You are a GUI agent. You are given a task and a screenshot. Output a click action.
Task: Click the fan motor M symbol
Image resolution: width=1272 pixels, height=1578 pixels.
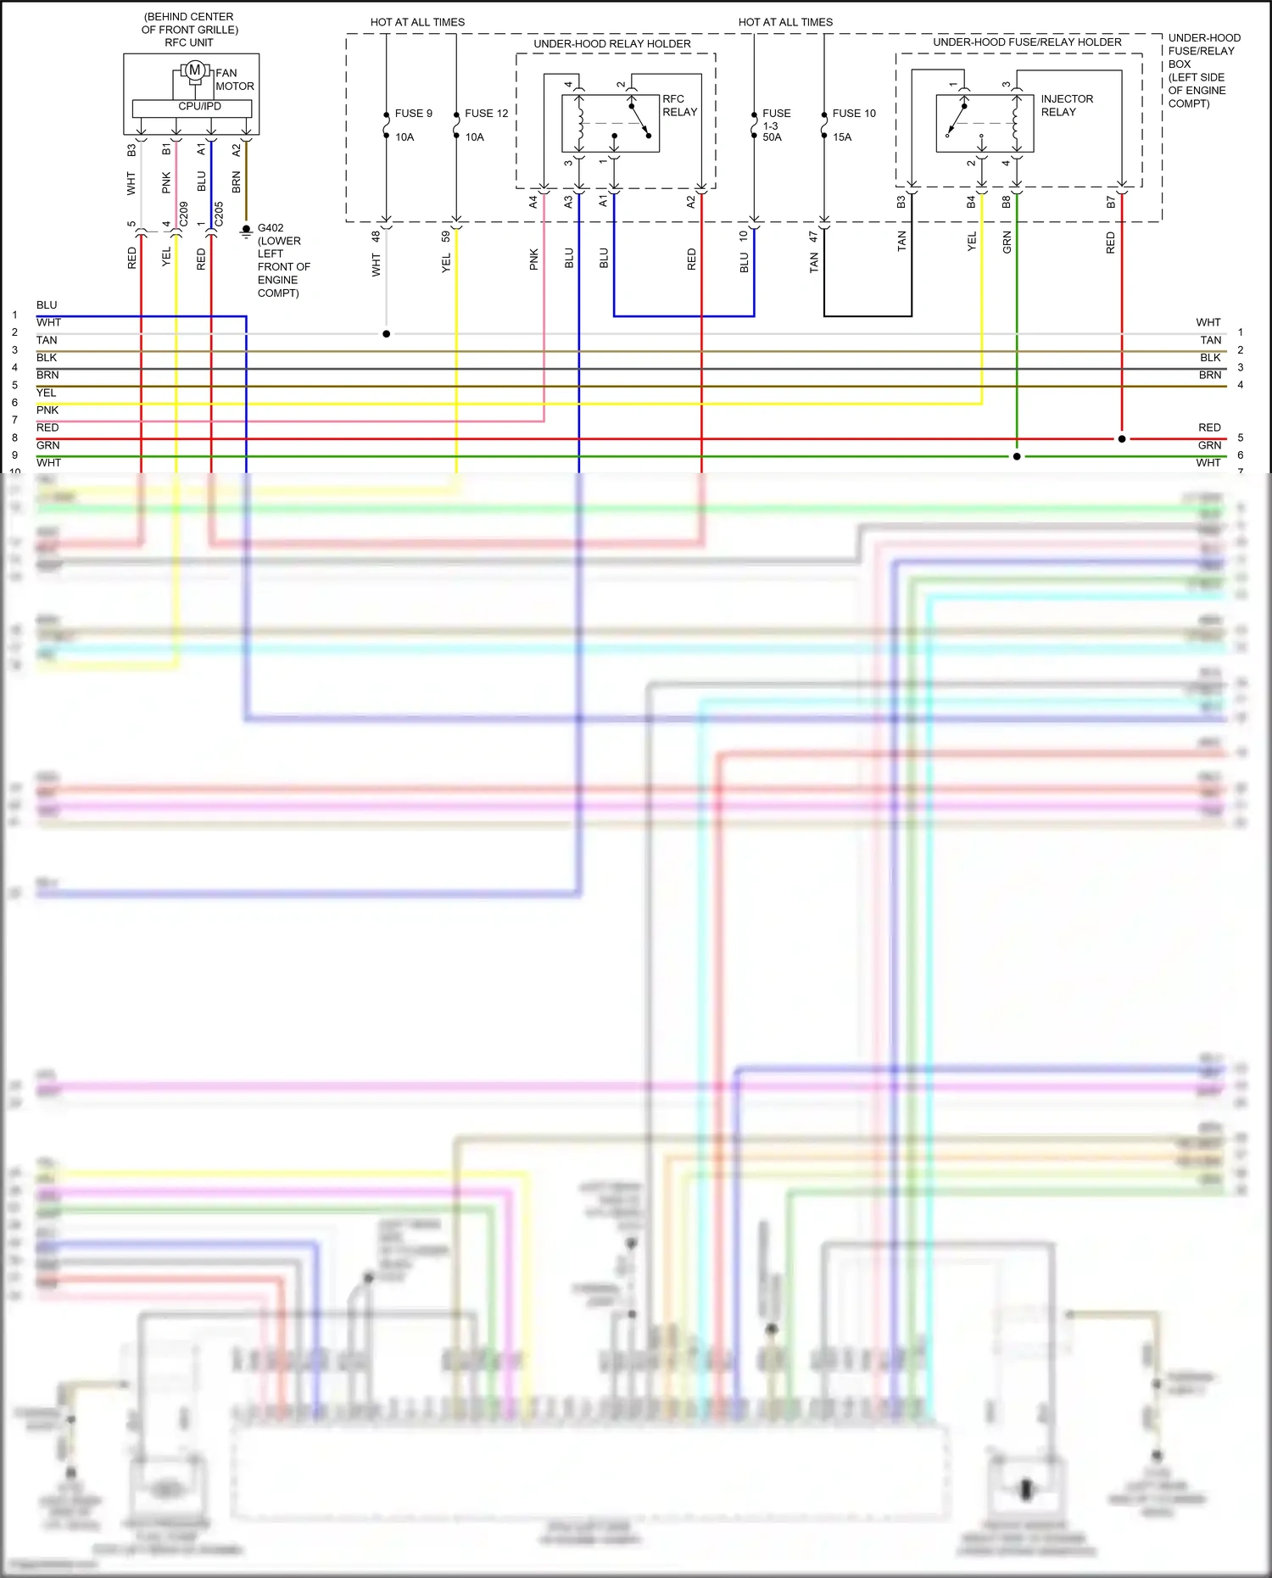[x=194, y=70]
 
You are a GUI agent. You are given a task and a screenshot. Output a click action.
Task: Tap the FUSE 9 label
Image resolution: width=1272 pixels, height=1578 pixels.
[x=413, y=113]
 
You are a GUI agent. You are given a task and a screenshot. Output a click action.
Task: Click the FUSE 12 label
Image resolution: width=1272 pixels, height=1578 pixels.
[x=486, y=113]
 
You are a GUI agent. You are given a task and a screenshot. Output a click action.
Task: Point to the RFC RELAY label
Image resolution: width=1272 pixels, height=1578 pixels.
[x=679, y=105]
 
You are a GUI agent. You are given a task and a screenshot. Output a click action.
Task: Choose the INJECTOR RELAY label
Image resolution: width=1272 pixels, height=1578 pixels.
[x=1066, y=105]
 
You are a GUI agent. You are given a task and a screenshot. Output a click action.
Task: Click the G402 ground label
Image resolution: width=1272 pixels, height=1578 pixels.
[x=271, y=228]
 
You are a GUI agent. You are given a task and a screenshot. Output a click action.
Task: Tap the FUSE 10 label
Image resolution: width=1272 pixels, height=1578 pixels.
[x=853, y=113]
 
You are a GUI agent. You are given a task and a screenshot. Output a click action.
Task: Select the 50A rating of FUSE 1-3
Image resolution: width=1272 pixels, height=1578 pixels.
[x=772, y=137]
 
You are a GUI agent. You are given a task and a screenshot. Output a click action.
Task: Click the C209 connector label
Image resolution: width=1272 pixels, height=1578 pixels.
[x=183, y=214]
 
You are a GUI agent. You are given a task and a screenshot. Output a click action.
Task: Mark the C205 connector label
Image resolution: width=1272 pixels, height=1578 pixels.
[x=219, y=214]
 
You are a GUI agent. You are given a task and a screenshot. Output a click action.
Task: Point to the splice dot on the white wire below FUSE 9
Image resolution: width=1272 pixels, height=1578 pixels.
[x=386, y=334]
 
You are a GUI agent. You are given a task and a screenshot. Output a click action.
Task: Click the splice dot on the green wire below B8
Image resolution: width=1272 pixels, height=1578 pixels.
[x=1017, y=456]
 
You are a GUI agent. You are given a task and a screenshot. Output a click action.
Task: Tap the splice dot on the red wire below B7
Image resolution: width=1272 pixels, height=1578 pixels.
[x=1122, y=439]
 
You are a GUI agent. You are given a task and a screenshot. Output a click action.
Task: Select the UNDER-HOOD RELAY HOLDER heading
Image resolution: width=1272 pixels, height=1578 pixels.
[x=611, y=44]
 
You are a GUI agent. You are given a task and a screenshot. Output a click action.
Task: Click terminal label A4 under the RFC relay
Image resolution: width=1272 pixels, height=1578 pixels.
[x=533, y=202]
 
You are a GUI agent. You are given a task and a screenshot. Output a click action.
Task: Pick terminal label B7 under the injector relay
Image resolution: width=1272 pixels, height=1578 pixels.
[x=1111, y=202]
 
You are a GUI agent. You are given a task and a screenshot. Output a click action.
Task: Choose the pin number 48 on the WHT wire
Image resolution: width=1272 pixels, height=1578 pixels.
[x=376, y=237]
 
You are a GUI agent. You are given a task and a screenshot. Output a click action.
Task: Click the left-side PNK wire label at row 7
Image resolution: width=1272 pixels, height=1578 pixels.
[x=47, y=410]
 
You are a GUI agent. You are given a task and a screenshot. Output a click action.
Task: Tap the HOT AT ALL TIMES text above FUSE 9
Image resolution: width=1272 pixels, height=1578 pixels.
[x=417, y=22]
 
